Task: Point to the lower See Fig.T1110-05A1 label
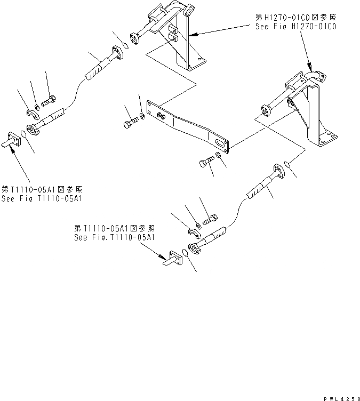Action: point(115,237)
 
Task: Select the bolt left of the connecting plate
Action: point(131,123)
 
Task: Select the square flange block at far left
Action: point(13,141)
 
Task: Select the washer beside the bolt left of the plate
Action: point(143,116)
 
